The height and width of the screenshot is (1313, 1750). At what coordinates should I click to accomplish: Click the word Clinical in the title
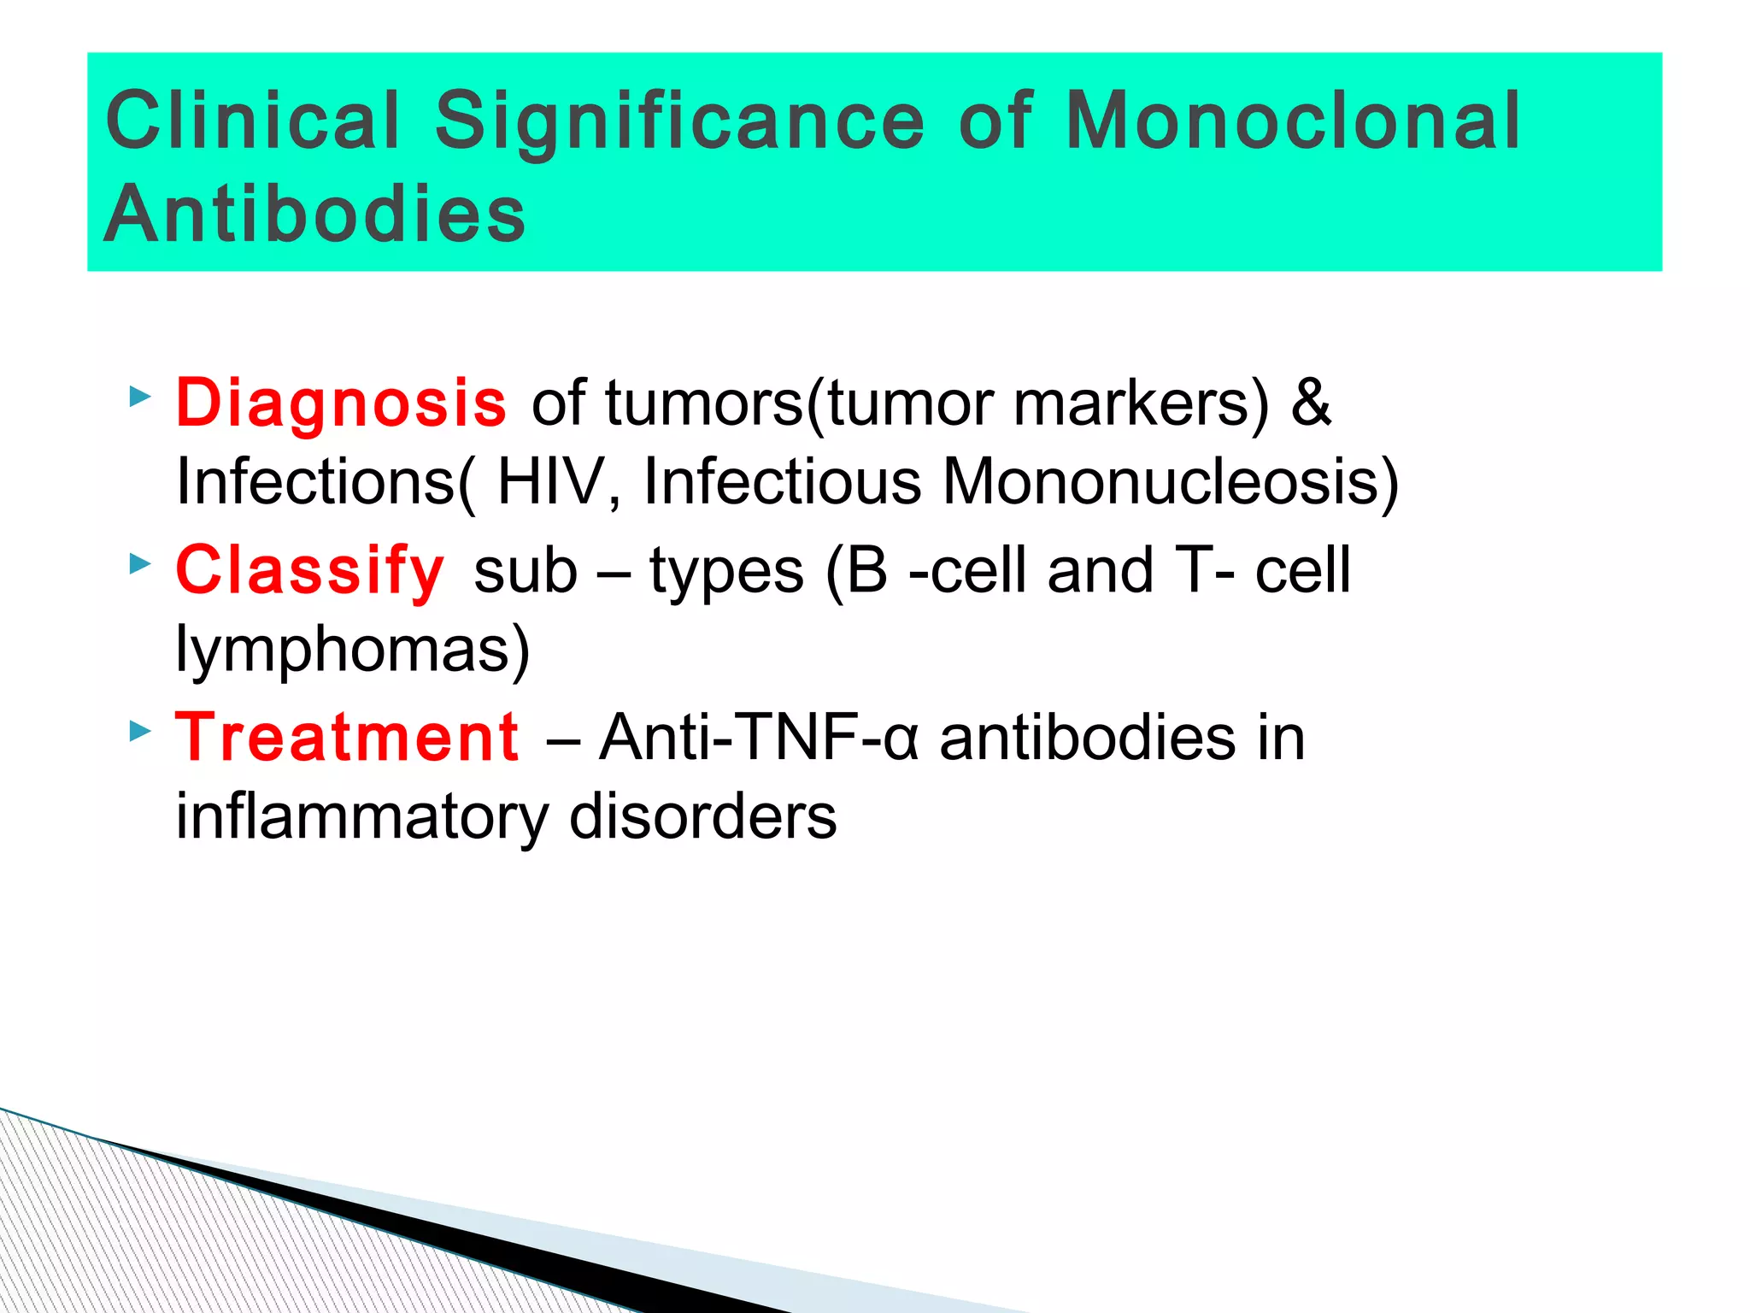click(x=253, y=121)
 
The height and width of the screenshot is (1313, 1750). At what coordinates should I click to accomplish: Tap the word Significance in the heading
click(x=679, y=121)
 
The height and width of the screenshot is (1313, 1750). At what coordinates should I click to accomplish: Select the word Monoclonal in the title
click(x=1293, y=121)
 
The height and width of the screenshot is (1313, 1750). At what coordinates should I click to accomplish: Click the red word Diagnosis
click(x=341, y=403)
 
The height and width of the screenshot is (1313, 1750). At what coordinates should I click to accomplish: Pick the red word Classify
click(x=310, y=570)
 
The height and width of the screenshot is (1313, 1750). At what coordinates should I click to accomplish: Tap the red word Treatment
click(x=347, y=737)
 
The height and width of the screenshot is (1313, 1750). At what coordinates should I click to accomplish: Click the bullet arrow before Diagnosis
click(x=139, y=397)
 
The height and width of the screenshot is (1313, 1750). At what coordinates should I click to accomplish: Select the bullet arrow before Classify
click(x=139, y=563)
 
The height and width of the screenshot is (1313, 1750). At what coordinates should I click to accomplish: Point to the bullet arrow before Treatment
click(x=139, y=731)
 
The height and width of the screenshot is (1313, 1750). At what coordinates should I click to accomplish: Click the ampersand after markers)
click(x=1311, y=403)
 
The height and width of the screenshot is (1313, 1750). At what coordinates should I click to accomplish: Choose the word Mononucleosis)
click(x=1171, y=482)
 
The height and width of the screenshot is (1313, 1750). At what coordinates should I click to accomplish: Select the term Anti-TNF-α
click(x=759, y=737)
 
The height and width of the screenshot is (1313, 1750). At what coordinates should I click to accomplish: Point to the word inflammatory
click(x=362, y=816)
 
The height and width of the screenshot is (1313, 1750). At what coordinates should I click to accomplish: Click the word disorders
click(x=702, y=816)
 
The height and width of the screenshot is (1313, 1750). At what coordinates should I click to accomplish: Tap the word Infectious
click(x=782, y=482)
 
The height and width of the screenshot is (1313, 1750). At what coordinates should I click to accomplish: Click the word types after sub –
click(x=726, y=572)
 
